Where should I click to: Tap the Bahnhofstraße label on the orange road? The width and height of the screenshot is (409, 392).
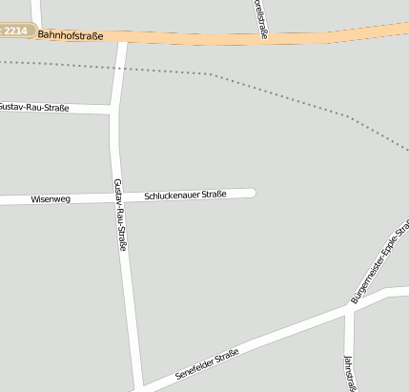coord(71,35)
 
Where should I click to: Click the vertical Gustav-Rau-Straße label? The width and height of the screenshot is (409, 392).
coord(120,215)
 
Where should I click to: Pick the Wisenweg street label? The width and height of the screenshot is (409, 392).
coord(51,199)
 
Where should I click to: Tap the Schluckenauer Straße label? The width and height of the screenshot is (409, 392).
coord(185,196)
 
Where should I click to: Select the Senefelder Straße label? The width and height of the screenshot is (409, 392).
coord(207,364)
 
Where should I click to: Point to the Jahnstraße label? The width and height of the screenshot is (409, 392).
coord(349,373)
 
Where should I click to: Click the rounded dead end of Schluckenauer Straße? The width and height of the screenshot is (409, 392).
coord(252,194)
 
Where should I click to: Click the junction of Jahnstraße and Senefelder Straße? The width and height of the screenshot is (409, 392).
coord(349,309)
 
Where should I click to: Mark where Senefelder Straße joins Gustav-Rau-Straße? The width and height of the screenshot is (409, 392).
coord(139,387)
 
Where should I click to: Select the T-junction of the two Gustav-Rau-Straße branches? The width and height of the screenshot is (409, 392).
coord(113,111)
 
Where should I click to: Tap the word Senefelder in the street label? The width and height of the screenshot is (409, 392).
coord(194,369)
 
